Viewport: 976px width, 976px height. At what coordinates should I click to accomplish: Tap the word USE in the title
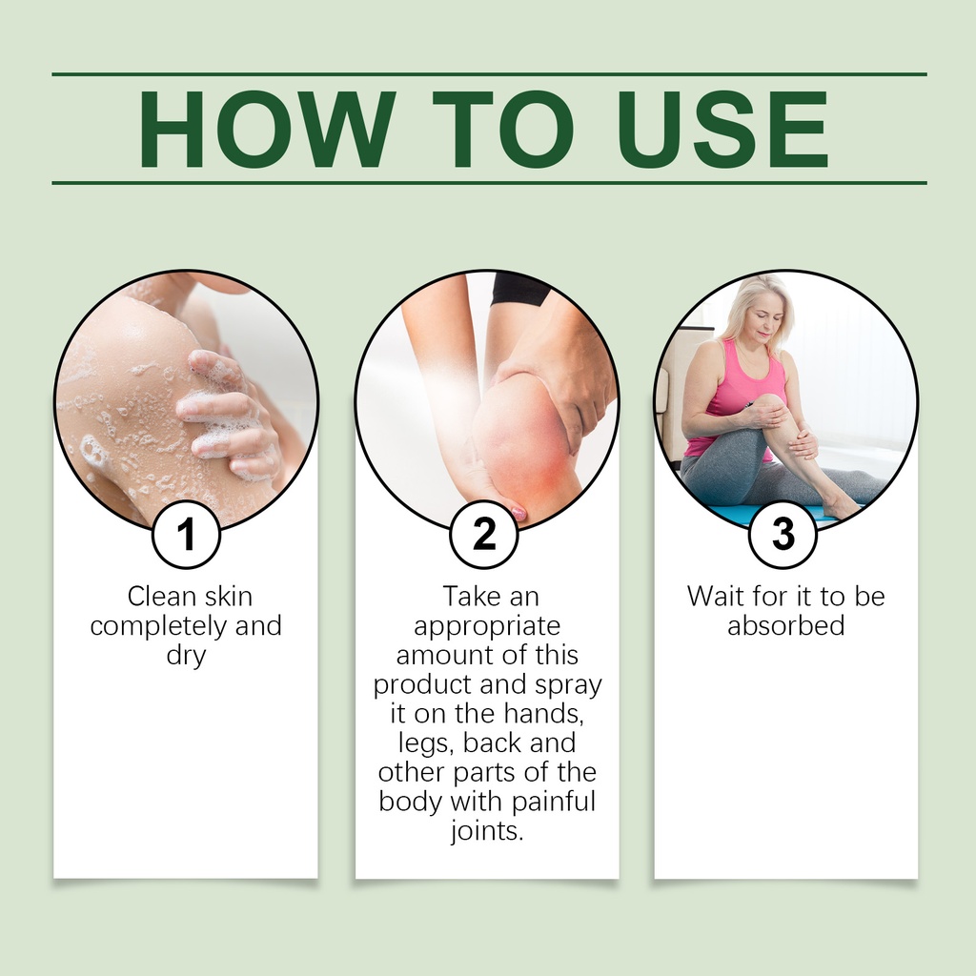pyautogui.click(x=721, y=130)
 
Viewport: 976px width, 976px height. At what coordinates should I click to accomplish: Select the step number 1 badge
pyautogui.click(x=186, y=534)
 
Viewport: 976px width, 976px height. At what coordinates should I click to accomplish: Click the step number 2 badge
pyautogui.click(x=484, y=534)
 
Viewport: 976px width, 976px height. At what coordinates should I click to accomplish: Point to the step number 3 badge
pyautogui.click(x=783, y=534)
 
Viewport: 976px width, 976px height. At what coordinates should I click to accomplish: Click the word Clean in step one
pyautogui.click(x=162, y=597)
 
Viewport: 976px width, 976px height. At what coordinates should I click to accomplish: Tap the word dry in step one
pyautogui.click(x=186, y=656)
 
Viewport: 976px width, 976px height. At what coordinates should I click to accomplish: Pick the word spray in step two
pyautogui.click(x=568, y=685)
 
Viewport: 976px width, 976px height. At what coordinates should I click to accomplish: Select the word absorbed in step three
pyautogui.click(x=786, y=625)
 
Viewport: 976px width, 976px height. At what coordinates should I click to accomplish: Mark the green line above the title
pyautogui.click(x=489, y=74)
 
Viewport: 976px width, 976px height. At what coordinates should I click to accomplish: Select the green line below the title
pyautogui.click(x=489, y=183)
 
